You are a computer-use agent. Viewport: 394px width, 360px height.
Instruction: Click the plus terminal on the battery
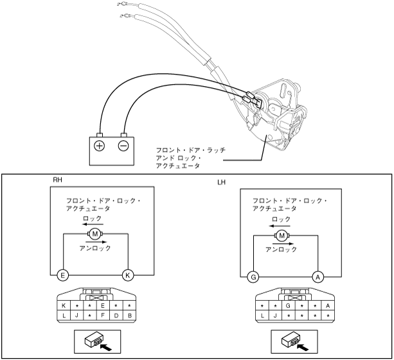[100, 145]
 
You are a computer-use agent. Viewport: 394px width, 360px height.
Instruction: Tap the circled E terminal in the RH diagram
[62, 275]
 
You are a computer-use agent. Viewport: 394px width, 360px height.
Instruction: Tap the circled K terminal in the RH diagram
[129, 275]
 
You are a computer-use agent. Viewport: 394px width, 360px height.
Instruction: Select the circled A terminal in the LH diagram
[317, 277]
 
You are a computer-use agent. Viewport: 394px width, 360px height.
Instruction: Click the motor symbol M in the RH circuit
[95, 233]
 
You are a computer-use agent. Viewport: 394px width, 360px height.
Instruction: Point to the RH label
[57, 181]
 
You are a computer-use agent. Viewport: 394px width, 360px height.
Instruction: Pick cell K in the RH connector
[64, 306]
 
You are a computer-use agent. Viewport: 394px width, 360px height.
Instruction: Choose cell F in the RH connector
[103, 316]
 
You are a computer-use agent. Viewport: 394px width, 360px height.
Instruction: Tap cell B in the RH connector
[129, 316]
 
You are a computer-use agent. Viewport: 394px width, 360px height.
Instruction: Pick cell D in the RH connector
[116, 316]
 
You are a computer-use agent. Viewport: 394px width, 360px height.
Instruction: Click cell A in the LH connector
[328, 306]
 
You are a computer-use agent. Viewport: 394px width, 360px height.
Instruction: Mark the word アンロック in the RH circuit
[96, 248]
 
